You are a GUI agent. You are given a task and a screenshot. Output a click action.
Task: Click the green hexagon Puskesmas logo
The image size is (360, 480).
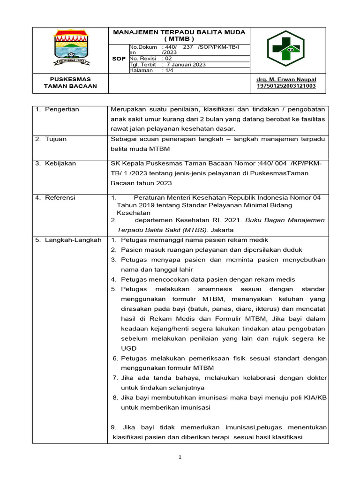[285, 49]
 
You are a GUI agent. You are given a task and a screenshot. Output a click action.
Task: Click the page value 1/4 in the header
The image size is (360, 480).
[167, 70]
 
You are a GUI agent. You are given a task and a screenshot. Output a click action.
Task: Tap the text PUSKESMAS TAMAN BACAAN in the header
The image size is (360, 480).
[70, 82]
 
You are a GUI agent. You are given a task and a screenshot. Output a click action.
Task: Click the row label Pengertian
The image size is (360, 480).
[62, 109]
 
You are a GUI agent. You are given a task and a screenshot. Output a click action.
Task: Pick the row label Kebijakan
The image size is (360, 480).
[60, 164]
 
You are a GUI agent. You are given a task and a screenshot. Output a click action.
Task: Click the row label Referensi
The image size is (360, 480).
[60, 198]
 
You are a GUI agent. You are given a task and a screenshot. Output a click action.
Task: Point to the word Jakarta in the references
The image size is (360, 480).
[222, 230]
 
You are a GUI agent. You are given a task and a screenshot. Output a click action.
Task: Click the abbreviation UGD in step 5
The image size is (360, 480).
[128, 348]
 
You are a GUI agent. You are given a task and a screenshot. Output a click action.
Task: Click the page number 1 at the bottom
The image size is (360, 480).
[180, 458]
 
